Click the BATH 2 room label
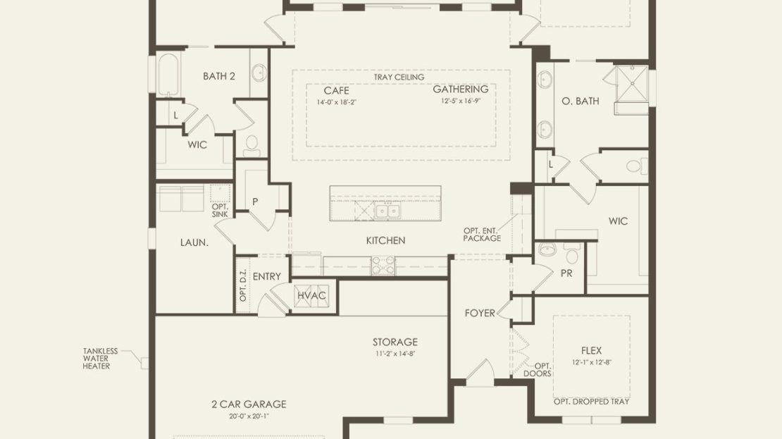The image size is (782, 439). (x=219, y=76)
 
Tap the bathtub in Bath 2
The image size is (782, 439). (x=168, y=75)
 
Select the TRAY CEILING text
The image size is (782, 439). (x=399, y=78)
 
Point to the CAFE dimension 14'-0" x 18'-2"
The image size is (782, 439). (x=337, y=102)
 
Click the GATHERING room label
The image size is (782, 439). (x=460, y=89)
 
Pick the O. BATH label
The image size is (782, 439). (x=581, y=101)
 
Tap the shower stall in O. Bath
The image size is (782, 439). (x=632, y=84)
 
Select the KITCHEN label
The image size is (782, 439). (x=385, y=240)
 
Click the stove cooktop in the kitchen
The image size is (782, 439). (x=383, y=266)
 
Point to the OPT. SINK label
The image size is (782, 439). (x=220, y=211)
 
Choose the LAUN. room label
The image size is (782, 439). (x=194, y=243)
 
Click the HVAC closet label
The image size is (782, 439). (x=311, y=295)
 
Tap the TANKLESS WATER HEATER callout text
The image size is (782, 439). (x=100, y=358)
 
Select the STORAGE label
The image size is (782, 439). (x=395, y=342)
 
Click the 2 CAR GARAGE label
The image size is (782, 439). (x=249, y=404)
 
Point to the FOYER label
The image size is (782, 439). (x=480, y=314)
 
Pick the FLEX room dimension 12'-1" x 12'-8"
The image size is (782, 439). (x=592, y=363)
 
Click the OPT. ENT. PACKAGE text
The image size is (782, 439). (x=482, y=235)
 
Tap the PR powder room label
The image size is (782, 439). (x=566, y=274)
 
